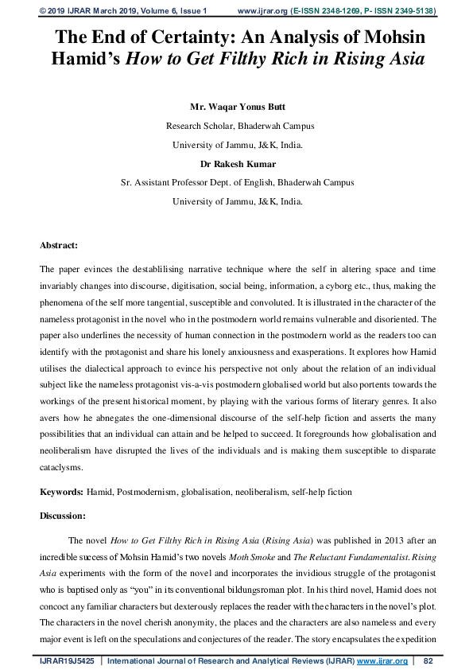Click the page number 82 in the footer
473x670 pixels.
(x=427, y=660)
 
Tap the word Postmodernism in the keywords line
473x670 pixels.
(x=149, y=493)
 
